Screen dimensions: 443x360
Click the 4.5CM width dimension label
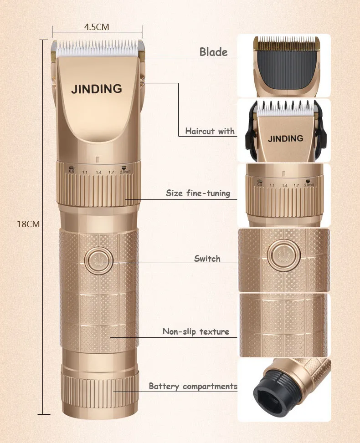click(x=97, y=27)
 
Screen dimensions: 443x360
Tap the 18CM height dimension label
click(x=28, y=224)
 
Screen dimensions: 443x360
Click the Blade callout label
click(x=213, y=52)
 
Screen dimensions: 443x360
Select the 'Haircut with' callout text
click(x=210, y=131)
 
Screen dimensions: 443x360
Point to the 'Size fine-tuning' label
click(x=198, y=193)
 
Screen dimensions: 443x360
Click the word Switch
click(x=207, y=259)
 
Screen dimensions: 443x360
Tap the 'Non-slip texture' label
click(x=195, y=331)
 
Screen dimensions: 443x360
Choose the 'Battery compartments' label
click(x=193, y=387)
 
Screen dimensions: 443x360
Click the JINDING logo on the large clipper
click(x=97, y=89)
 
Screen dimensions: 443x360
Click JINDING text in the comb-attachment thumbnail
click(x=285, y=138)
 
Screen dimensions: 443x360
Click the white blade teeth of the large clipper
click(x=97, y=46)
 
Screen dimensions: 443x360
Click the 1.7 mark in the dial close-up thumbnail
click(x=297, y=185)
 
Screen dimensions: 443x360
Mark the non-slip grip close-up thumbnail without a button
click(x=283, y=324)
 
